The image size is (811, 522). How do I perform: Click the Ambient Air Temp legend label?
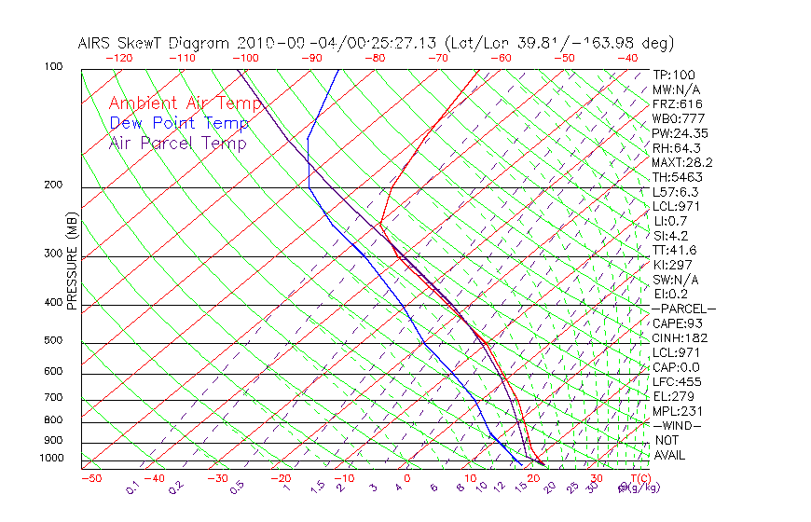coord(185,103)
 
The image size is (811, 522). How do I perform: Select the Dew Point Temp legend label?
coord(179,123)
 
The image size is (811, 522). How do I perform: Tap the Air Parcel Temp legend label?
coord(178,143)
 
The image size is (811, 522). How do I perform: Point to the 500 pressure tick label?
coord(53,340)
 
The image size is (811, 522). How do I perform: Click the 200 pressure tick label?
coord(53,185)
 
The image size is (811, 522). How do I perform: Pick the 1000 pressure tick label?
coord(50,458)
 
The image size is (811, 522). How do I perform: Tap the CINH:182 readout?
coord(680,337)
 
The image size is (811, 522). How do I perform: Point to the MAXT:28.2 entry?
coord(683,162)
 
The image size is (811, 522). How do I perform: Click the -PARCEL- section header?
coord(683,309)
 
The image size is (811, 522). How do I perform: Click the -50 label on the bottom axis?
coord(90,478)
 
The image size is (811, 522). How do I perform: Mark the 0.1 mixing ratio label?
coord(132,488)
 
